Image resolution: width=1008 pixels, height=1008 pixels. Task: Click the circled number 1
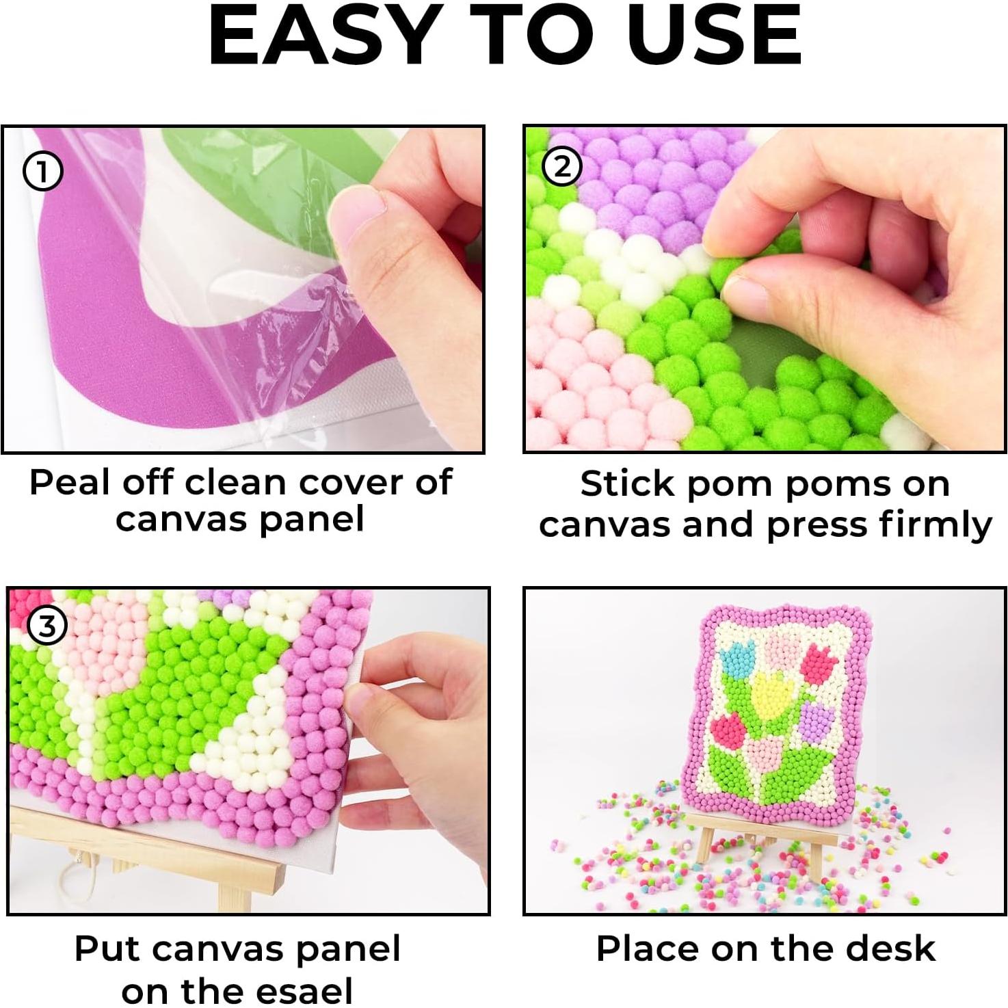[x=42, y=172]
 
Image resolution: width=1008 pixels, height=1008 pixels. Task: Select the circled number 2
[x=562, y=166]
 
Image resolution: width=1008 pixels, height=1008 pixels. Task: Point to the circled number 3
[x=47, y=626]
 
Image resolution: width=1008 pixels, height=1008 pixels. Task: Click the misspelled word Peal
[x=69, y=483]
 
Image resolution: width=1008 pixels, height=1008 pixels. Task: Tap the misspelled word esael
[x=306, y=990]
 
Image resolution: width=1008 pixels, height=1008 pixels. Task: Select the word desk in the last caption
[x=898, y=949]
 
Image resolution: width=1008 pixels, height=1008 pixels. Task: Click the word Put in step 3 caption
[x=107, y=949]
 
